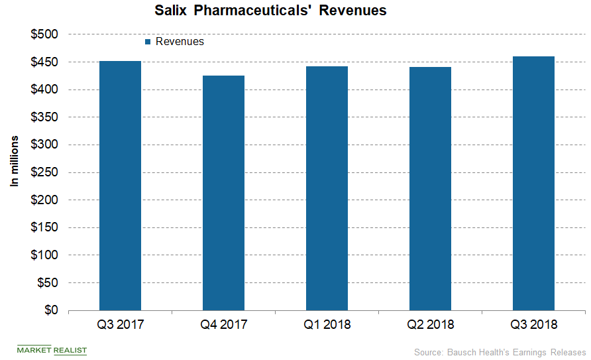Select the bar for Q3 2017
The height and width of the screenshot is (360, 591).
120,186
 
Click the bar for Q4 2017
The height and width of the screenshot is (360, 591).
223,193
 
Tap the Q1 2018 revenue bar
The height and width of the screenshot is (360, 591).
327,188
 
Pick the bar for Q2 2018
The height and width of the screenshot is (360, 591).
430,188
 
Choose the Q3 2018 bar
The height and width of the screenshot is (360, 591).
533,183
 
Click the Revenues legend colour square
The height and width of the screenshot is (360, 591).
148,42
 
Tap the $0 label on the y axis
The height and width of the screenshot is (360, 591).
51,310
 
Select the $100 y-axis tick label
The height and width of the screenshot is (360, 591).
45,255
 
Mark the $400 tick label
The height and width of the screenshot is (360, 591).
45,90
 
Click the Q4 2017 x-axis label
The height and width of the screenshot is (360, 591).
223,325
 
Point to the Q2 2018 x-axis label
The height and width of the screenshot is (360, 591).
430,325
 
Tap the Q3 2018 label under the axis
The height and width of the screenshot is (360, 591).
533,325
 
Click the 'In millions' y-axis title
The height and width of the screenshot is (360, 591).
14,162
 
